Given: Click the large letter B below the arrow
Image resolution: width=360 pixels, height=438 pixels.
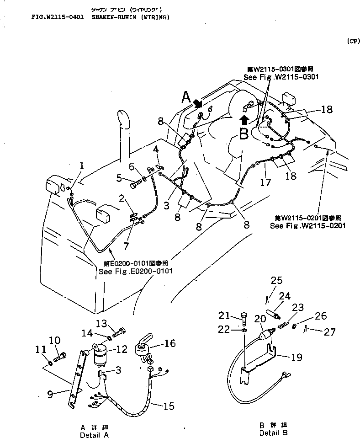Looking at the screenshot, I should [x=244, y=134].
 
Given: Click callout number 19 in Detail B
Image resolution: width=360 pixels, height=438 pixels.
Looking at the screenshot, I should [x=296, y=358].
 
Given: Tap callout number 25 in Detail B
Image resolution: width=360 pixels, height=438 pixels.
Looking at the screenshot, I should [x=277, y=280].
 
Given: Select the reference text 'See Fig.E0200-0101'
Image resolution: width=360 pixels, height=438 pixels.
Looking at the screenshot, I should [x=135, y=271].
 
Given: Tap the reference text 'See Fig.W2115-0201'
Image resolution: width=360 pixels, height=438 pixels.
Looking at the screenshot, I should [x=307, y=225].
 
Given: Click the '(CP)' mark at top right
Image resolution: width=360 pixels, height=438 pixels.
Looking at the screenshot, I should [x=353, y=41].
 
